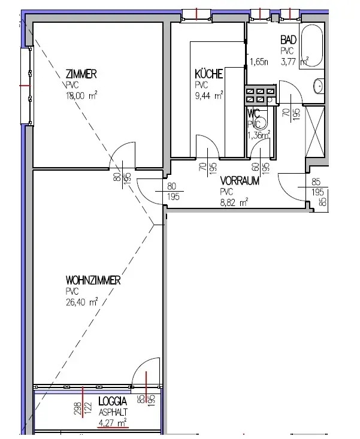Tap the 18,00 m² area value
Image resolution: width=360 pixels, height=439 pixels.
(81, 94)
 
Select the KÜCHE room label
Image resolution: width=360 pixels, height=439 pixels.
(209, 74)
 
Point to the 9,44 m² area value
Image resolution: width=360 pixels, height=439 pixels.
(209, 94)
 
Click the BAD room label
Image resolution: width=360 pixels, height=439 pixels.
(289, 40)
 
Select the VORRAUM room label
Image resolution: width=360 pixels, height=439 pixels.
(240, 181)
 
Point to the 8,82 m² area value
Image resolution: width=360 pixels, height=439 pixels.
(235, 202)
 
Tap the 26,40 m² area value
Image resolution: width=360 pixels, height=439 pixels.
(82, 302)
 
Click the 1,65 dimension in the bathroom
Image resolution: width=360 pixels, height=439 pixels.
(259, 61)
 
